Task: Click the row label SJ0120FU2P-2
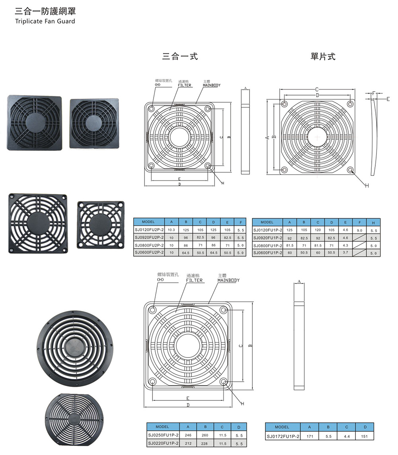click(x=149, y=230)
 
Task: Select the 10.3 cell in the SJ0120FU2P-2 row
click(x=172, y=230)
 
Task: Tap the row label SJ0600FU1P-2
click(x=267, y=253)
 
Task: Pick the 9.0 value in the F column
click(x=359, y=230)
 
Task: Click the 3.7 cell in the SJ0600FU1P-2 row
click(x=345, y=253)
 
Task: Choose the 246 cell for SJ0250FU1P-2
click(x=188, y=435)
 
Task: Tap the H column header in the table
click(x=373, y=222)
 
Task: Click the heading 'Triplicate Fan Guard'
click(x=45, y=21)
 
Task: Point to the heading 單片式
click(x=323, y=57)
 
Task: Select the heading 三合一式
click(x=180, y=57)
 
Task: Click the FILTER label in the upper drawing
click(x=184, y=85)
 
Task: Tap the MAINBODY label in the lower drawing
click(x=228, y=280)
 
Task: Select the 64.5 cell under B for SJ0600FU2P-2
click(x=185, y=253)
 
